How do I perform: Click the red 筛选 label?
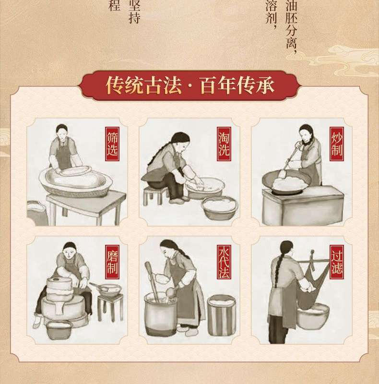tap(112, 144)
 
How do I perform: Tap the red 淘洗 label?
tap(224, 144)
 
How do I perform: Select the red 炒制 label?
tap(337, 144)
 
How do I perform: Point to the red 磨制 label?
tap(112, 262)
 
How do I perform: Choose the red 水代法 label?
tap(224, 262)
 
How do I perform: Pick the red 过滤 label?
tap(337, 262)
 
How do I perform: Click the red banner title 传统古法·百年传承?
tap(190, 85)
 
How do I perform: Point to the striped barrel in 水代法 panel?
tap(222, 315)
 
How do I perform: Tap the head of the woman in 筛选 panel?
tap(61, 132)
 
